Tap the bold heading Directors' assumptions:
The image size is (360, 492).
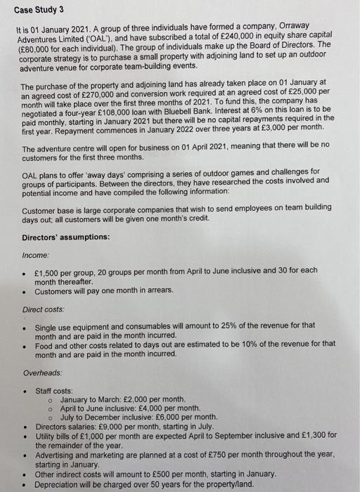(65, 236)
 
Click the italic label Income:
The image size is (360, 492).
(37, 255)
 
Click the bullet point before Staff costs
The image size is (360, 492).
(25, 391)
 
